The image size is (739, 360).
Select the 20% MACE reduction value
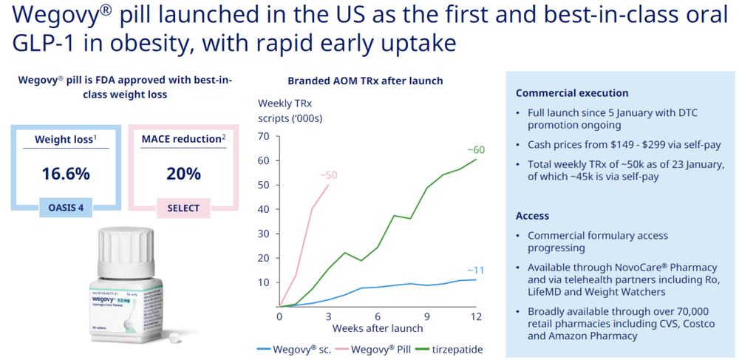(183, 174)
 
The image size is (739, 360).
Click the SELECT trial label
(183, 208)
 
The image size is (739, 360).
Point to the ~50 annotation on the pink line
(328, 174)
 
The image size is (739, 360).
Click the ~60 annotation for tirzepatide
(475, 149)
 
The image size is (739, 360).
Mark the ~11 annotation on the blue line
(475, 270)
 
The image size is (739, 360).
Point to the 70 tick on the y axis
(265, 136)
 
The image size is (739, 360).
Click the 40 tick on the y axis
(265, 209)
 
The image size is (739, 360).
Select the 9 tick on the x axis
(427, 316)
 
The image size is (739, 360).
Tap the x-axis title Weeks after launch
(377, 327)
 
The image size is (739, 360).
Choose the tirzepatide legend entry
(446, 349)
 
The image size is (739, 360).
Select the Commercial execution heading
(572, 93)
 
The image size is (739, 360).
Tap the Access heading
(532, 216)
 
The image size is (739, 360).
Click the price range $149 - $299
(613, 144)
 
